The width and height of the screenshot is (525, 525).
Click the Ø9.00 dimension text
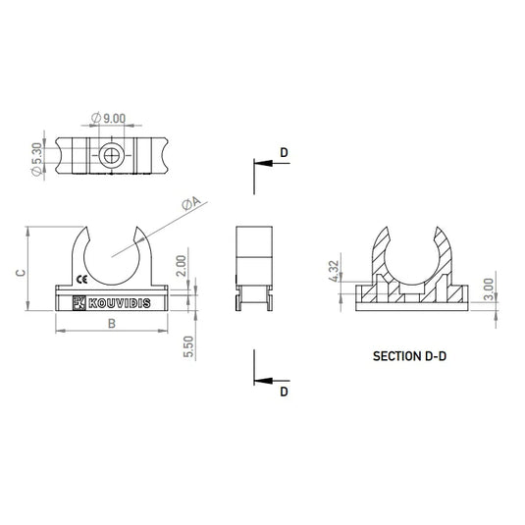point(108,118)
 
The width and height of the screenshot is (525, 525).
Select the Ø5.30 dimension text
point(37,159)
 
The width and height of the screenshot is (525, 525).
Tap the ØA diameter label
point(191,203)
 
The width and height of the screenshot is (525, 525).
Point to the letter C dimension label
point(21,273)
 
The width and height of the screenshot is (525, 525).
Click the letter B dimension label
point(112,324)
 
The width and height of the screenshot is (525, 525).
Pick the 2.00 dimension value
point(182,266)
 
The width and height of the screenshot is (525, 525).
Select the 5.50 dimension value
point(188,346)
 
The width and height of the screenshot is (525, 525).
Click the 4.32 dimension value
point(335,272)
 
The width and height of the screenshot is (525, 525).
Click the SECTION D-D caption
point(409,356)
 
